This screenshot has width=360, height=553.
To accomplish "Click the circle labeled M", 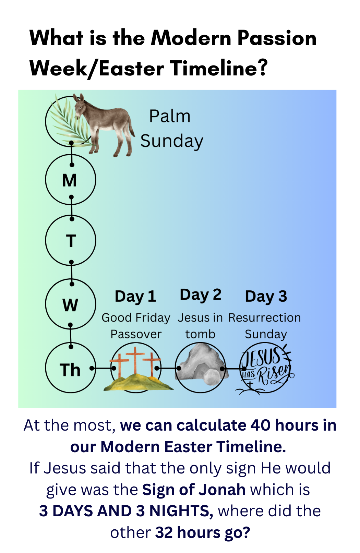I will [x=70, y=180].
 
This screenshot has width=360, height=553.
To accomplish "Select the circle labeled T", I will [x=70, y=241].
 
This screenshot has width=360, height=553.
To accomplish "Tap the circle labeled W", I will [x=70, y=304].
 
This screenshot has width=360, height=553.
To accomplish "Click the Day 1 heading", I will [x=135, y=297].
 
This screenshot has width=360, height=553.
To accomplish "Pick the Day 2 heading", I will [x=201, y=295].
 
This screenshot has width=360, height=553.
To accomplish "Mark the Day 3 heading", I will [x=266, y=297].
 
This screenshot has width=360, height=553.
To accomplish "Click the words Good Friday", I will [x=136, y=318].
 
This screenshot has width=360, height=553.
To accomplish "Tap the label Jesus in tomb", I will [x=200, y=326].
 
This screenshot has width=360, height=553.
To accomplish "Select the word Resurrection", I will [x=264, y=318].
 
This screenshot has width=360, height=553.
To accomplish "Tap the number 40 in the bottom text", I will [x=260, y=425].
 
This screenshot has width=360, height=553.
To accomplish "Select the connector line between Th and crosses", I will [x=103, y=368].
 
